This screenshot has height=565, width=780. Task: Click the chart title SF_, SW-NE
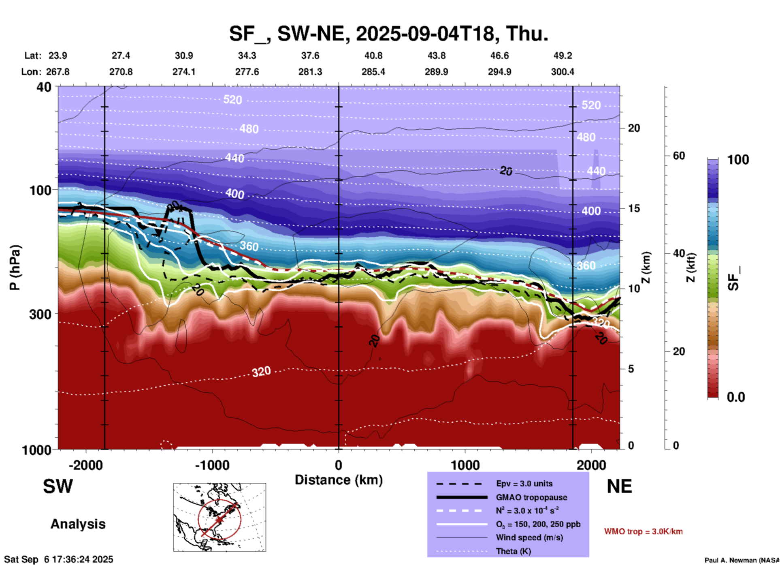[x=389, y=34]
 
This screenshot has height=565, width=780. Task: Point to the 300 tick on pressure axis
[x=40, y=314]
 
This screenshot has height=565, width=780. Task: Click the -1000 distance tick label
[x=212, y=465]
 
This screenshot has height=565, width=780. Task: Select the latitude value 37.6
[x=310, y=56]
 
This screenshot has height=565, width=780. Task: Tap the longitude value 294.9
[x=499, y=72]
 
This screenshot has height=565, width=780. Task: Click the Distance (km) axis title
[x=339, y=480]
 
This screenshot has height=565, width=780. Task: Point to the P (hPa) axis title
[x=15, y=268]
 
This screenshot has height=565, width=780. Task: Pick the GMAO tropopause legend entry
[x=531, y=497]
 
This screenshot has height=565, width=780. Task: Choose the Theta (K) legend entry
[x=514, y=551]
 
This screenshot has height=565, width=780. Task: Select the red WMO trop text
[x=643, y=531]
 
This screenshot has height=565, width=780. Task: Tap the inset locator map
[x=220, y=517]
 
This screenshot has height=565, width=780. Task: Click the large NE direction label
[x=619, y=486]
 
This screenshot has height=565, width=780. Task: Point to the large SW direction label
[x=58, y=486]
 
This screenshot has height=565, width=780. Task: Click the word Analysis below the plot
[x=78, y=524]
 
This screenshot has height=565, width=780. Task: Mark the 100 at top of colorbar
[x=738, y=160]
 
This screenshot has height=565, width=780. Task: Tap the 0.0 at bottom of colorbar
[x=736, y=397]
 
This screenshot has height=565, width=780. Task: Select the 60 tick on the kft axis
[x=679, y=156]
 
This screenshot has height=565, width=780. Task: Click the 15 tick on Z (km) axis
[x=633, y=208]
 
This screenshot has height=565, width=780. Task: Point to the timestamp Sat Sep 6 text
[x=59, y=559]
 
